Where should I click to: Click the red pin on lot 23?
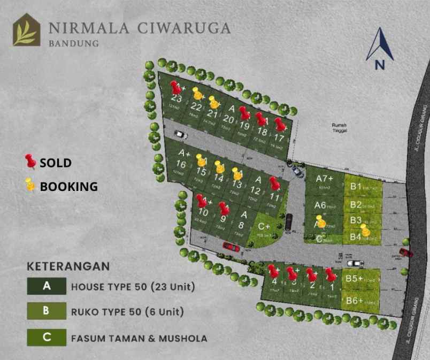pyautogui.click(x=175, y=87)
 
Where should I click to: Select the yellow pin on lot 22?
pyautogui.click(x=198, y=94)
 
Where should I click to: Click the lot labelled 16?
pyautogui.click(x=181, y=164)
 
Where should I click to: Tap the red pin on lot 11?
pyautogui.click(x=275, y=183)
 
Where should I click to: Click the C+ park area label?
pyautogui.click(x=264, y=227)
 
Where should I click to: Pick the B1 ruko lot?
pyautogui.click(x=357, y=187)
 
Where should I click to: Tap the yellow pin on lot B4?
pyautogui.click(x=365, y=230)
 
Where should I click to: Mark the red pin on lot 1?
pyautogui.click(x=330, y=275)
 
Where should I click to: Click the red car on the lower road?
pyautogui.click(x=231, y=246)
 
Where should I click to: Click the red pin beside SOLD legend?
pyautogui.click(x=30, y=161)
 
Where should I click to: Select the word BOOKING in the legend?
pyautogui.click(x=69, y=187)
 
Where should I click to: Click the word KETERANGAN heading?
pyautogui.click(x=68, y=266)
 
